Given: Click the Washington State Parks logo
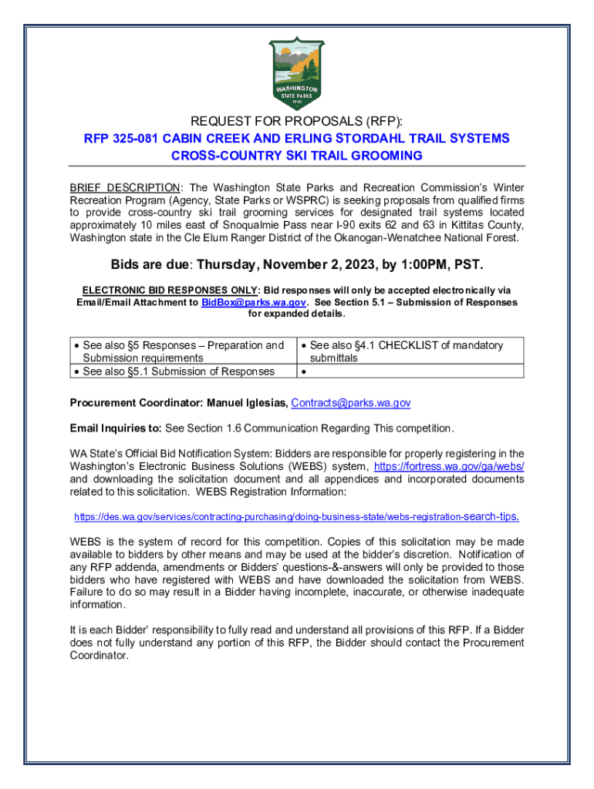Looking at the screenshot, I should tap(297, 74).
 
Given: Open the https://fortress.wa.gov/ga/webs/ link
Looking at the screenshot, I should tap(449, 467).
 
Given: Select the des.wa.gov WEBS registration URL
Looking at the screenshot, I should tap(296, 516).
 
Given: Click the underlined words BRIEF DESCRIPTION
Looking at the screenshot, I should tap(125, 188).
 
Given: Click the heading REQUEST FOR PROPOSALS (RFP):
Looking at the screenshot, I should tap(297, 120).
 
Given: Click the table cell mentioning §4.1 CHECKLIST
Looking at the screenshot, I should tap(406, 351).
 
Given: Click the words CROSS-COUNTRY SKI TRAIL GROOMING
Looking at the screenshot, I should tap(297, 156).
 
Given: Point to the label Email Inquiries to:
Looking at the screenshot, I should tap(116, 428).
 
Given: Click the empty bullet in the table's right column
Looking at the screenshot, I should tap(303, 372).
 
